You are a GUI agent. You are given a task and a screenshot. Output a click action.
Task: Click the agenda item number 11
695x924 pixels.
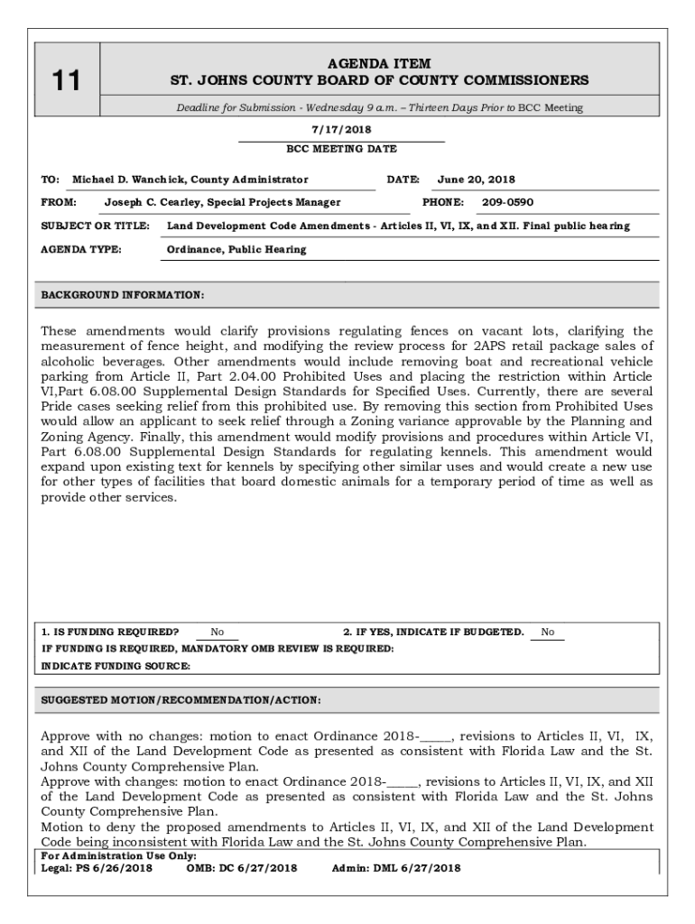[65, 81]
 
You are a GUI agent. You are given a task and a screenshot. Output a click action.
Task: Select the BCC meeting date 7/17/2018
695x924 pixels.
[341, 130]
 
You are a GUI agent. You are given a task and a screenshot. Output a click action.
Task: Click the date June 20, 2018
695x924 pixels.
[476, 180]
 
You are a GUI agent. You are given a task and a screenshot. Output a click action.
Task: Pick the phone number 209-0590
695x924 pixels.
[507, 203]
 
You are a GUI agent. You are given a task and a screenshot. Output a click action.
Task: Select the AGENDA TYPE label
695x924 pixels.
[81, 249]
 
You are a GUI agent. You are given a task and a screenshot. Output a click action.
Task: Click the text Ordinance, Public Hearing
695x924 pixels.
[236, 249]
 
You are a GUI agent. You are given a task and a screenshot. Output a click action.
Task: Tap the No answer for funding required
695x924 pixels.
[218, 633]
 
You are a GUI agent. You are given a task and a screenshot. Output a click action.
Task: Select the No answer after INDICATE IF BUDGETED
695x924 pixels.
[548, 633]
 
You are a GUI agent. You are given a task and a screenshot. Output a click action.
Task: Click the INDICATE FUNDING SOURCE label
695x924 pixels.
[116, 666]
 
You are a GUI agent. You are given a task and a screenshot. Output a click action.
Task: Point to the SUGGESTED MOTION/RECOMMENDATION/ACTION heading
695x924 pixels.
[181, 700]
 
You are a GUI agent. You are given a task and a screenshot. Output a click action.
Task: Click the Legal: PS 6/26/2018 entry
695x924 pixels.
[97, 868]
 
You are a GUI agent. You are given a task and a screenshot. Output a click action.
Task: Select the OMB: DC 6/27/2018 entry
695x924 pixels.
[241, 868]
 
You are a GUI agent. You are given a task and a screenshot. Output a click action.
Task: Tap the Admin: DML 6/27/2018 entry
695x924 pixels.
[395, 868]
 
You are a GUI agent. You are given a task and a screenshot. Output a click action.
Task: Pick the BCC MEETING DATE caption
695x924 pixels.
[341, 149]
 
